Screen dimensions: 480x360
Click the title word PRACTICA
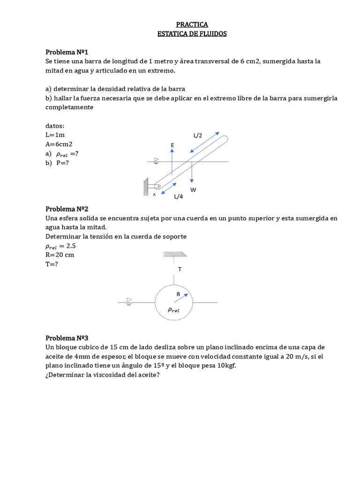(192, 24)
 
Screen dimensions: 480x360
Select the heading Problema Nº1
(67, 52)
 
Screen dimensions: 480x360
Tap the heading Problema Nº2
(67, 209)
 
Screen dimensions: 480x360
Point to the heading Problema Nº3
(67, 337)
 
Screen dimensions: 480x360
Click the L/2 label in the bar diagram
(198, 135)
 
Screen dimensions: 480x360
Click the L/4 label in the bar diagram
(178, 197)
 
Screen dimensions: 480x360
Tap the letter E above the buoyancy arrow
(172, 146)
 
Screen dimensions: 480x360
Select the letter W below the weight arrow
(193, 189)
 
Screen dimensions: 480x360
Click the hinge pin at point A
(158, 187)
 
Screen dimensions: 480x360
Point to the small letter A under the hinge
(154, 194)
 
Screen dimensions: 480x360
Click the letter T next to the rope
(180, 269)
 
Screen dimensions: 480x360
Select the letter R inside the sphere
(178, 294)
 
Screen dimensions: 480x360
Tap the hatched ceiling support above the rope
(174, 255)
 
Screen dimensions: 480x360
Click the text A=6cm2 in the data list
(59, 144)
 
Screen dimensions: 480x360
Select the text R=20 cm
(60, 255)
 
